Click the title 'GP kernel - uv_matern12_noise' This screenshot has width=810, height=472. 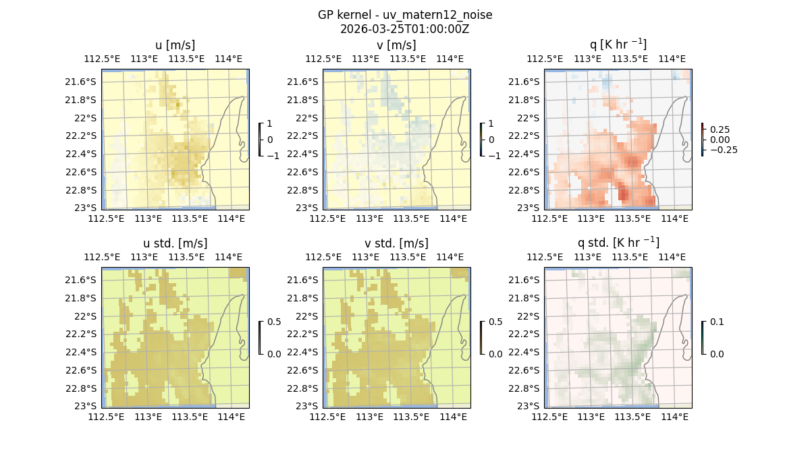pyautogui.click(x=404, y=15)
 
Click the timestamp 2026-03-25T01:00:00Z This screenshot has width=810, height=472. pyautogui.click(x=404, y=29)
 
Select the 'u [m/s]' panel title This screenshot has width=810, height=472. pyautogui.click(x=175, y=45)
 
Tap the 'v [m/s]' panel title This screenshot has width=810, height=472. pyautogui.click(x=396, y=45)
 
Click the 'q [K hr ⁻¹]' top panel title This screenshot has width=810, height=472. pyautogui.click(x=618, y=45)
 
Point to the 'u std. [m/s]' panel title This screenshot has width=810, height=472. pyautogui.click(x=175, y=243)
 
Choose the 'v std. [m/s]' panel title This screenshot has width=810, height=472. pyautogui.click(x=396, y=243)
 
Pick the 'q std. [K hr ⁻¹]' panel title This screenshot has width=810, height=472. pyautogui.click(x=618, y=243)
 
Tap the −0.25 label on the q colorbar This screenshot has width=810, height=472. pyautogui.click(x=723, y=150)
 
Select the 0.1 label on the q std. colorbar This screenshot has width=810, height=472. pyautogui.click(x=716, y=322)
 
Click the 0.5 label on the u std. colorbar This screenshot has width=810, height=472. pyautogui.click(x=274, y=322)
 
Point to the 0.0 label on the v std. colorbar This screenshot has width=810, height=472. pyautogui.click(x=495, y=353)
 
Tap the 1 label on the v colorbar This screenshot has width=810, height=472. pyautogui.click(x=491, y=123)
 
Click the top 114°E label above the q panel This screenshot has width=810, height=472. pyautogui.click(x=672, y=59)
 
